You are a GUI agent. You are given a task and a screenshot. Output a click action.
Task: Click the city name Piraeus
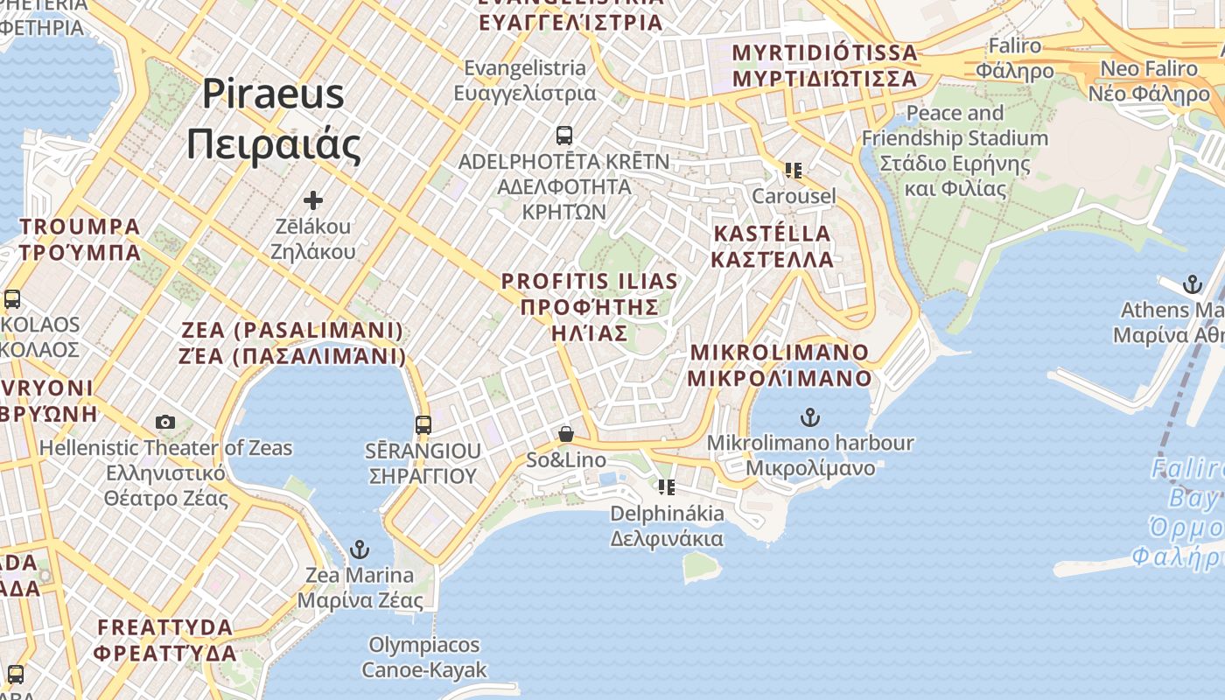[x=273, y=94]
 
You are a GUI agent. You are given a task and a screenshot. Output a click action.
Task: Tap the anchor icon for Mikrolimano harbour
[x=810, y=417]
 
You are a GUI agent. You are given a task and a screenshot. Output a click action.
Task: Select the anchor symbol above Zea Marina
[x=359, y=549]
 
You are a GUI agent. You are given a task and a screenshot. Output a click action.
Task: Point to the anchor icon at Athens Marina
[x=1192, y=284]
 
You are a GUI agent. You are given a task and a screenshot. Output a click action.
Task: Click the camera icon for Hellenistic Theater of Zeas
[x=165, y=423]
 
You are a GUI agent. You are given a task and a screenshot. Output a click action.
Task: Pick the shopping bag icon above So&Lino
[x=566, y=434]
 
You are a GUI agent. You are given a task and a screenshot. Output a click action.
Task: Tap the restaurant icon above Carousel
[x=794, y=170]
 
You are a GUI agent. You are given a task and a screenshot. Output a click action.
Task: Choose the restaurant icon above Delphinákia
[x=667, y=486]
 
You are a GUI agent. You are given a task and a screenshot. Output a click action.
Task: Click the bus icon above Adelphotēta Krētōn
[x=564, y=136]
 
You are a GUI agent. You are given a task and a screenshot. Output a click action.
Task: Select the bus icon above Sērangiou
[x=423, y=425]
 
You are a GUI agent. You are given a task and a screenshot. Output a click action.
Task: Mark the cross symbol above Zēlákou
[x=312, y=200]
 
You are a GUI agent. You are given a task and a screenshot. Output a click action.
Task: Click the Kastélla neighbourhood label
[x=772, y=246]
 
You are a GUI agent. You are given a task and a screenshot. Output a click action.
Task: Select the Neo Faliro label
[x=1148, y=80]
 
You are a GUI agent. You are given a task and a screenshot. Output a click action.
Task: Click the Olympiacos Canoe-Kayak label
[x=424, y=657]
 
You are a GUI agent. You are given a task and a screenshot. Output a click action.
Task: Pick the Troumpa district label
[x=80, y=239]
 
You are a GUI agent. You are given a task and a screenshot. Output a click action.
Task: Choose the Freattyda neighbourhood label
[x=165, y=640]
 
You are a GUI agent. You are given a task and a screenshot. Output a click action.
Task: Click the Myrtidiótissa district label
[x=824, y=65]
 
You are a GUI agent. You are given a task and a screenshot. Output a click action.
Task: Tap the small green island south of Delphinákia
[x=701, y=566]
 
